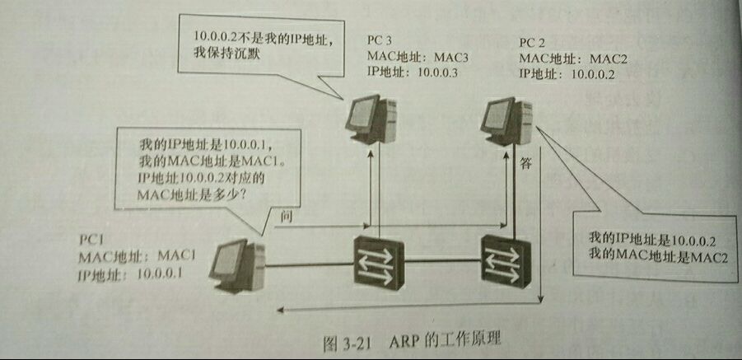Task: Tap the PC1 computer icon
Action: (x=236, y=266)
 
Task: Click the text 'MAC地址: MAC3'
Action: (x=412, y=56)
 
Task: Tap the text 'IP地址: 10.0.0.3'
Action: (x=412, y=72)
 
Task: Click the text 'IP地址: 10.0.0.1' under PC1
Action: (x=132, y=273)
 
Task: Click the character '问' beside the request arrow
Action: (x=287, y=216)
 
